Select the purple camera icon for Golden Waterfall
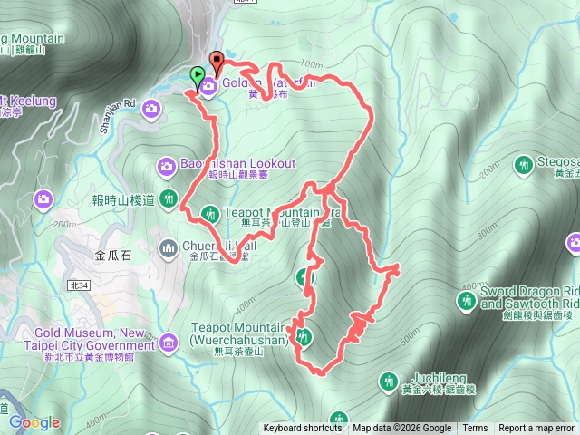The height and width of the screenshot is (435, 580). tap(208, 86)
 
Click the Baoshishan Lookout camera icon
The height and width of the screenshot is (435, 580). tap(167, 164)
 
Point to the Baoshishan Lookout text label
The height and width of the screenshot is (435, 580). tap(237, 163)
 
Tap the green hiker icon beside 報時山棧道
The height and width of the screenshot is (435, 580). tap(169, 198)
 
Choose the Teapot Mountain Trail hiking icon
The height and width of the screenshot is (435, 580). tap(209, 214)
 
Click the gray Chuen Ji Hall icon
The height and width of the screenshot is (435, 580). tap(169, 246)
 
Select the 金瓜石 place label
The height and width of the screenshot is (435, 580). tap(113, 256)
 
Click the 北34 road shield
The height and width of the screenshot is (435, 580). tap(79, 285)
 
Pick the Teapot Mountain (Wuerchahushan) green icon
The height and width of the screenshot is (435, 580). tap(304, 337)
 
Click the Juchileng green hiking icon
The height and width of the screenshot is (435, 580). tap(390, 380)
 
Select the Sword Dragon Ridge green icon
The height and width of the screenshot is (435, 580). tap(466, 300)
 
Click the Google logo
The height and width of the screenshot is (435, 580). tap(34, 422)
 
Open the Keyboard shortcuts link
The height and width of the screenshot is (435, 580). tap(303, 429)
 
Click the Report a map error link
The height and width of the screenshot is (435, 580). tap(536, 429)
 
